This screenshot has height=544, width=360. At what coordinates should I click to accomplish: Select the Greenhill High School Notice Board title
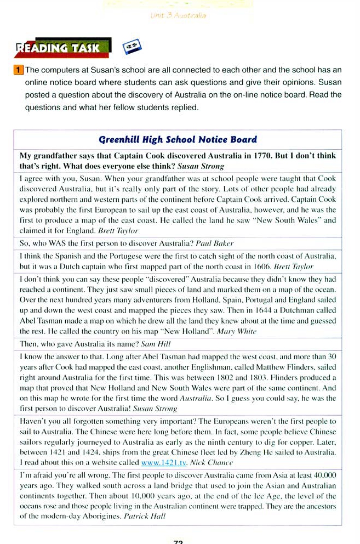178,139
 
